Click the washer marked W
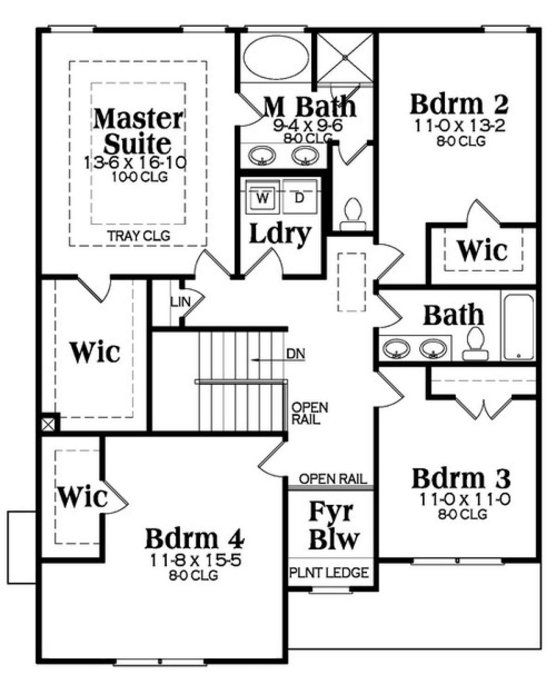coord(263,196)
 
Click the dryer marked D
coord(300,196)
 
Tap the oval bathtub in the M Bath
coord(275,58)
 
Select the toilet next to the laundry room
coord(353,215)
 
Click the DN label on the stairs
coord(296,354)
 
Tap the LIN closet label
coord(181,302)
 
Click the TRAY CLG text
coord(139,236)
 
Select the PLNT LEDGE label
coord(329,573)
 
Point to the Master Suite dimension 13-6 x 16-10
coord(135,163)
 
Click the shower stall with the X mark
coord(345,58)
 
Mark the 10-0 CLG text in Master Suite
coord(139,177)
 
